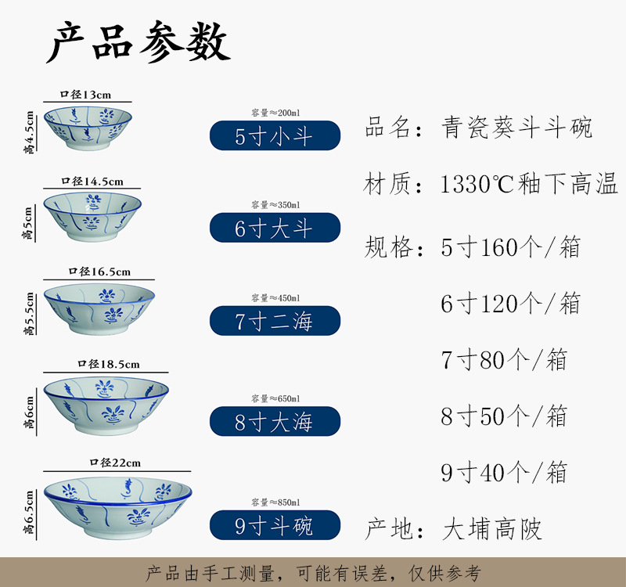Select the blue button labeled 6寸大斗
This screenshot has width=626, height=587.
[275, 228]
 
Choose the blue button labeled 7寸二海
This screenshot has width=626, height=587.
[275, 321]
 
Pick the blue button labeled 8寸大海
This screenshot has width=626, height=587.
[275, 422]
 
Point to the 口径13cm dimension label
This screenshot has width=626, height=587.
[86, 95]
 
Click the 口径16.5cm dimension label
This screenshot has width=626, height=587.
[99, 272]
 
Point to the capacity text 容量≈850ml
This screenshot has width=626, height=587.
[275, 502]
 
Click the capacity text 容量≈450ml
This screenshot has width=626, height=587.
[275, 297]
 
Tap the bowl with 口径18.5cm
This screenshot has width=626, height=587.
[106, 402]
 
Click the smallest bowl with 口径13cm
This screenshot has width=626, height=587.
[87, 127]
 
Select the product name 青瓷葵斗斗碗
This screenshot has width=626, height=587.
[516, 127]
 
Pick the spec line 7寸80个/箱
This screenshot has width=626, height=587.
[504, 360]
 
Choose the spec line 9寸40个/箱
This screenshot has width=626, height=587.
[504, 473]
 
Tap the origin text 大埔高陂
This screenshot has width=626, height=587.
[492, 529]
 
